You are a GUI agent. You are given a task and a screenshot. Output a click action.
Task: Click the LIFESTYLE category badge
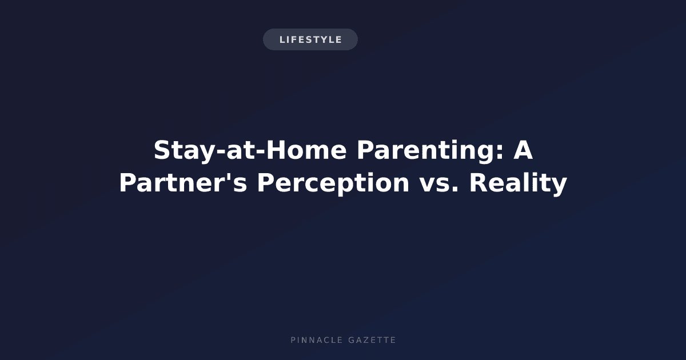point(310,39)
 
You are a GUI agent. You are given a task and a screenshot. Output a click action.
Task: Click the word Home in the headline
point(306,150)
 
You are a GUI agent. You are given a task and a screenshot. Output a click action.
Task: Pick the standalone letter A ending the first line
point(523,150)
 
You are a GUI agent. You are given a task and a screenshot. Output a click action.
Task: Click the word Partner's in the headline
point(183,182)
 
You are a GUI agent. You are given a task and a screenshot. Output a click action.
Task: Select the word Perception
point(333,183)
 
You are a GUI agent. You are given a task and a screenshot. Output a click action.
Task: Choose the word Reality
point(518,183)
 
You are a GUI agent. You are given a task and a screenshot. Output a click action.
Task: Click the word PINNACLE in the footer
point(317,340)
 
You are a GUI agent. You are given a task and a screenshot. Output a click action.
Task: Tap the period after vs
point(455,189)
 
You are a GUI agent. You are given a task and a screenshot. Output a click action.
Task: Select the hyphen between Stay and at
point(221,152)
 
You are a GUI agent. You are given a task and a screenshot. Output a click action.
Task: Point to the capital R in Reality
point(479,182)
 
